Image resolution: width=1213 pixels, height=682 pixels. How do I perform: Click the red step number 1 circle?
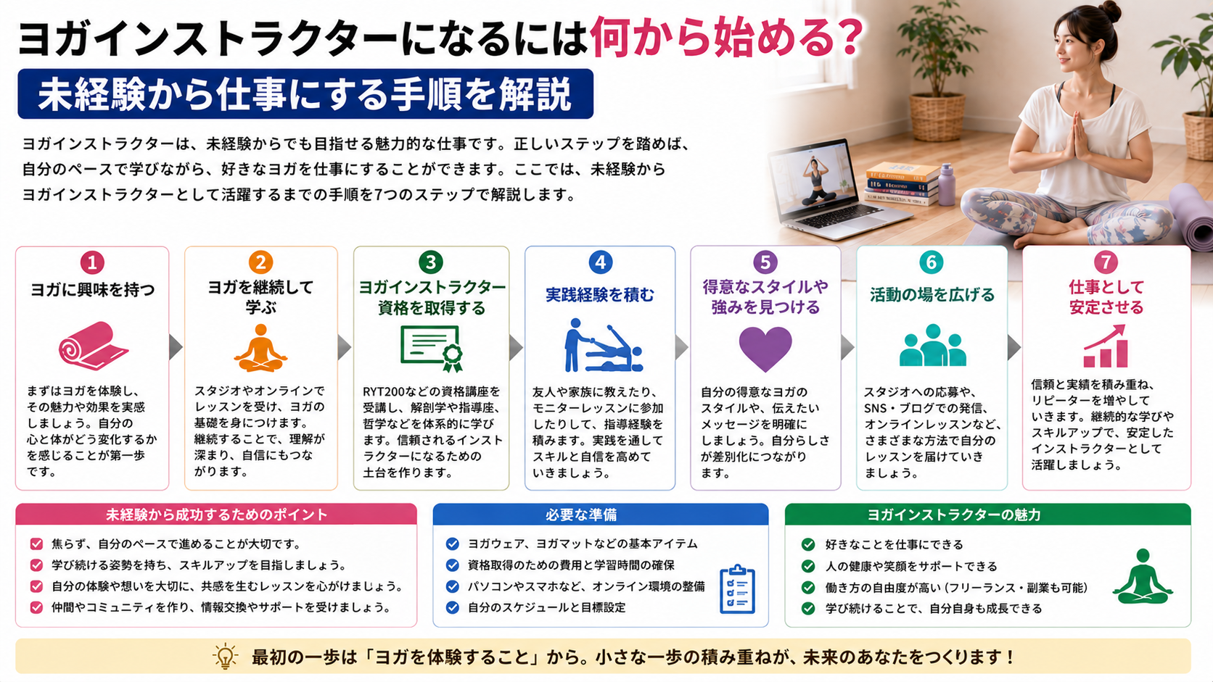(x=92, y=262)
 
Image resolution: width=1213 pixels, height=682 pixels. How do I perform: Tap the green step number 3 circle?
(x=430, y=262)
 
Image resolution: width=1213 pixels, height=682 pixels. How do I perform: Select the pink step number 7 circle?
(x=1105, y=262)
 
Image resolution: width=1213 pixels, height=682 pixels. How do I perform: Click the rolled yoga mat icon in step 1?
(x=93, y=346)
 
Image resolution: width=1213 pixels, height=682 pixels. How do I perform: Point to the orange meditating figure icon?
(x=260, y=348)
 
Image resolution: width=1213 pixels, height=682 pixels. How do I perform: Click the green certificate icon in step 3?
(x=432, y=349)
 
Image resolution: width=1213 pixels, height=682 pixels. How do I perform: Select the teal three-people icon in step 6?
(x=932, y=346)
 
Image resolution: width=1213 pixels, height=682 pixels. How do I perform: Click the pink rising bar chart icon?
(x=1105, y=346)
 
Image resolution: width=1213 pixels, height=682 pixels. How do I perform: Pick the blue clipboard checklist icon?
(x=737, y=589)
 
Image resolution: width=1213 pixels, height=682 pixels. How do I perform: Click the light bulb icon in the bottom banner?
(x=226, y=657)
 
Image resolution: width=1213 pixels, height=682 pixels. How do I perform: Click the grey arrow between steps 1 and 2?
(x=176, y=347)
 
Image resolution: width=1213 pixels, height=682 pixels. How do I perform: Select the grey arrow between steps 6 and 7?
(x=1013, y=347)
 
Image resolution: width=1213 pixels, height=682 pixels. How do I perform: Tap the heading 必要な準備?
(x=581, y=515)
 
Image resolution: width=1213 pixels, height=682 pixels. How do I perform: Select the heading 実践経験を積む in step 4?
(x=600, y=294)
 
